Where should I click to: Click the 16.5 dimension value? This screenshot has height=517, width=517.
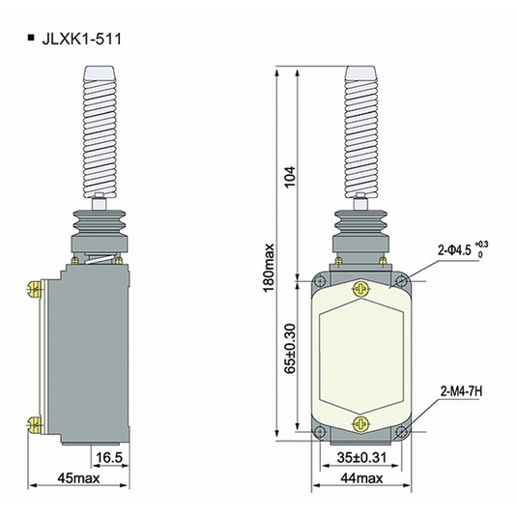108,454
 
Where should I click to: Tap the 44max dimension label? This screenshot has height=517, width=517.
361,476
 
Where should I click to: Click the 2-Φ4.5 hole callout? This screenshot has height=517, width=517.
461,250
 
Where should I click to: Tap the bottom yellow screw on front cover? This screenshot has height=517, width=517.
361,421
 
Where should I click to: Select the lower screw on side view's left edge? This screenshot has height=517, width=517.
36,421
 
